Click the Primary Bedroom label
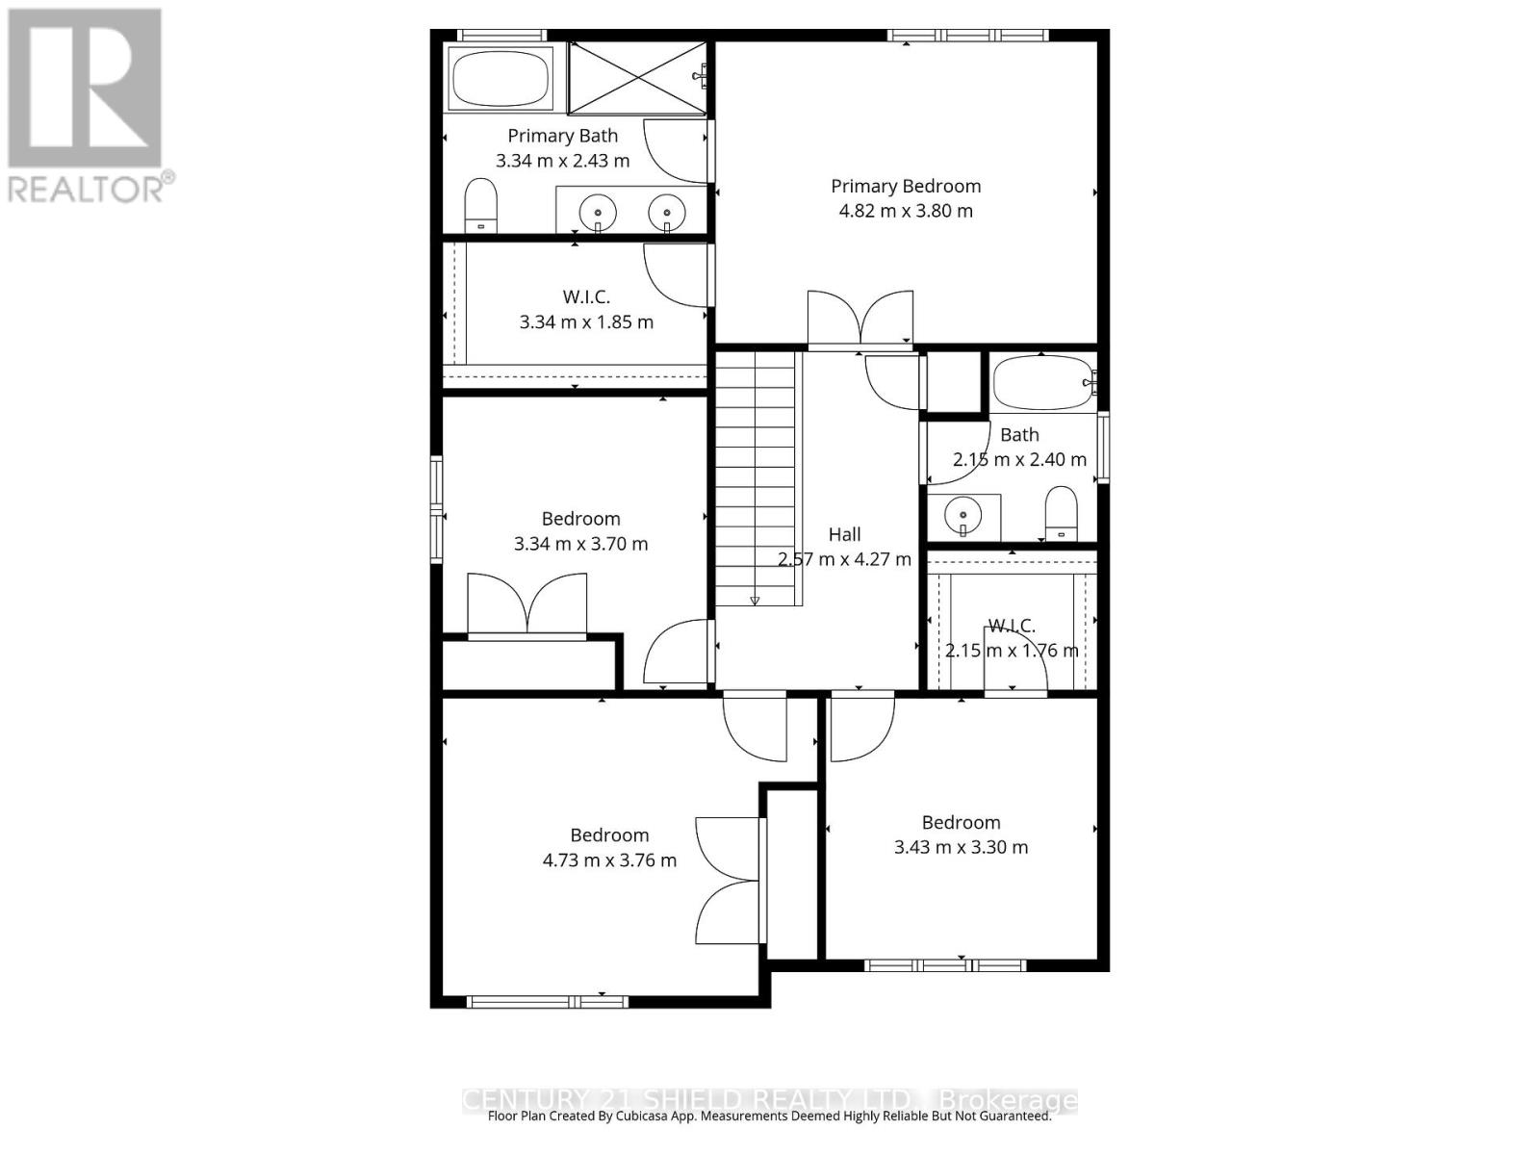[906, 186]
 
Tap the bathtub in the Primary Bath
[500, 79]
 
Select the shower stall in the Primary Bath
[636, 78]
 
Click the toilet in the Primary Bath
[480, 205]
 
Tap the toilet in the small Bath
[1062, 513]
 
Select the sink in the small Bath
[962, 518]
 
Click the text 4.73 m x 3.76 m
[609, 860]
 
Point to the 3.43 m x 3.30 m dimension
[961, 847]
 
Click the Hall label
[844, 534]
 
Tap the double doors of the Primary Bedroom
[860, 319]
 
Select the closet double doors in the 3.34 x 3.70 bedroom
[526, 604]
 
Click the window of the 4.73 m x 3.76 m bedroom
[548, 1002]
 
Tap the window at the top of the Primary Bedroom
[967, 36]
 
